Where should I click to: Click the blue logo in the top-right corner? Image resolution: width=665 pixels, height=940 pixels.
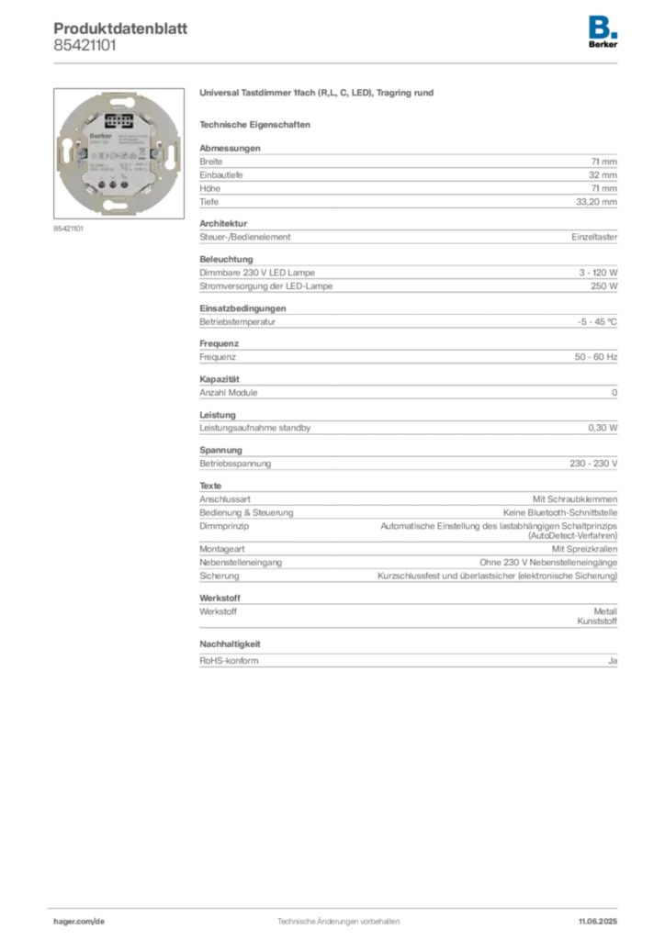click(x=603, y=26)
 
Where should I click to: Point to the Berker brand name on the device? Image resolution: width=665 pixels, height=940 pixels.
click(x=99, y=135)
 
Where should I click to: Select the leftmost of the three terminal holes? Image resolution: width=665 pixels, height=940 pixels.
click(x=102, y=185)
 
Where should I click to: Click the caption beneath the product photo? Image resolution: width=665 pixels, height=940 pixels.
click(x=69, y=229)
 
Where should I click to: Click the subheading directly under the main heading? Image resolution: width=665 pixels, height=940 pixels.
click(x=257, y=123)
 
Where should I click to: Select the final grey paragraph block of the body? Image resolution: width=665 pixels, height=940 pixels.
click(x=408, y=660)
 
